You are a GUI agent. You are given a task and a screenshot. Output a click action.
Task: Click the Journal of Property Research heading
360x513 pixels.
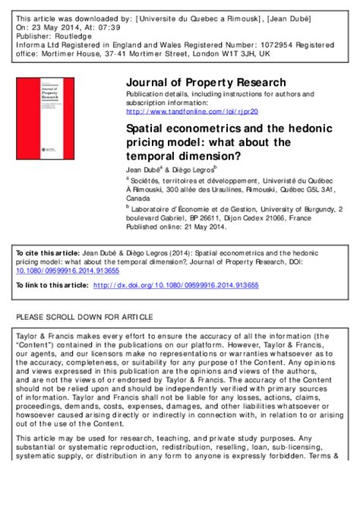(205, 82)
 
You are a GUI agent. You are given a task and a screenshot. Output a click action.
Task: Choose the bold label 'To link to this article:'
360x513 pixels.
(52, 285)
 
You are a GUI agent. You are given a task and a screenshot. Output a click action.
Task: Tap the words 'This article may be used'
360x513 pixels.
(58, 438)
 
